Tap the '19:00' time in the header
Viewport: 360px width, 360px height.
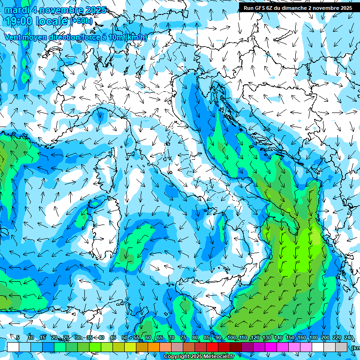(19, 21)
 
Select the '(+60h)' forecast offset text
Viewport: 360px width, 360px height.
(82, 21)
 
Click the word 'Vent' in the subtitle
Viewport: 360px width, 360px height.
(13, 37)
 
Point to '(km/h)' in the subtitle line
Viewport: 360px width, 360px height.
(136, 37)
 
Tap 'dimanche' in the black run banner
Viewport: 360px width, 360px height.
(293, 8)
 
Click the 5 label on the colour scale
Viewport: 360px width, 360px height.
(18, 337)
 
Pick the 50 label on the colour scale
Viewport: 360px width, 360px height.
(124, 337)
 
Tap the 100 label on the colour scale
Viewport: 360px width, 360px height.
(232, 337)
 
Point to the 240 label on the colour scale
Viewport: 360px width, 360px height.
(348, 337)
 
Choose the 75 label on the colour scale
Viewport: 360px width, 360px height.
(183, 337)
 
